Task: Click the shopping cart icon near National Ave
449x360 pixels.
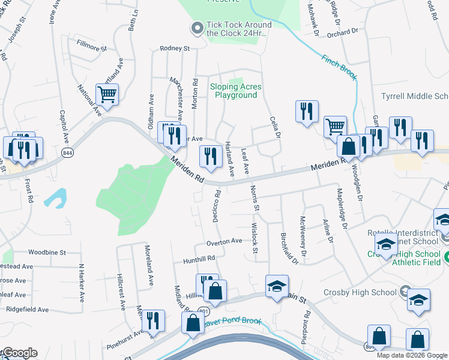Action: pos(107,94)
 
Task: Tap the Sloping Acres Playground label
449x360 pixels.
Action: pos(236,91)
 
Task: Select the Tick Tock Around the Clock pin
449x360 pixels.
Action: pos(196,28)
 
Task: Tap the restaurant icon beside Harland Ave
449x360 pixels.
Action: pos(209,157)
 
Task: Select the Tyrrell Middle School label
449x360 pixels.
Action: pos(415,96)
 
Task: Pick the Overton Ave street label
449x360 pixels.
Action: pos(224,242)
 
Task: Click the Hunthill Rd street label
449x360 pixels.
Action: pos(199,258)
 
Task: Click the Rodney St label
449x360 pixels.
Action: pos(174,48)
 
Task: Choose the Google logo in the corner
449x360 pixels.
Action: pos(19,353)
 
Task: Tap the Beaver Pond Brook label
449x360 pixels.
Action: pos(234,322)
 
